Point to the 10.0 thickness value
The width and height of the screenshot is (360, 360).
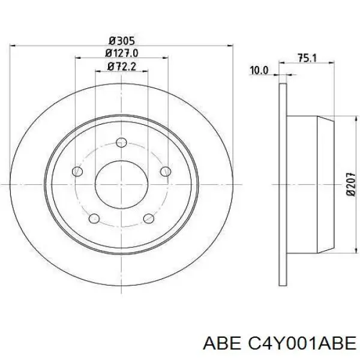[x=259, y=71]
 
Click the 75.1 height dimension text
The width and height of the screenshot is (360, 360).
[x=307, y=58]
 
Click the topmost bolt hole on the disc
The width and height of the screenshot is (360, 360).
[x=121, y=142]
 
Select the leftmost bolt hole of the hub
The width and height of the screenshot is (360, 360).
[x=77, y=172]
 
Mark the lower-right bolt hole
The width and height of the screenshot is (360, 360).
[x=148, y=219]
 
